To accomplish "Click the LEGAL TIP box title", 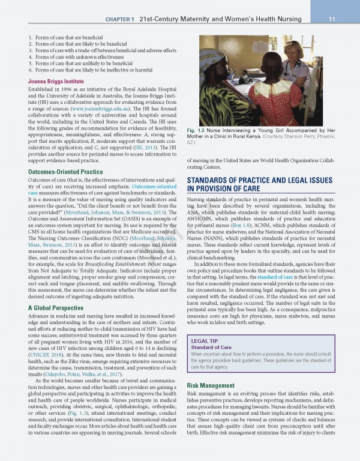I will tap(202, 340).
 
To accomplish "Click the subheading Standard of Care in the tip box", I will tap(210, 348).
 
